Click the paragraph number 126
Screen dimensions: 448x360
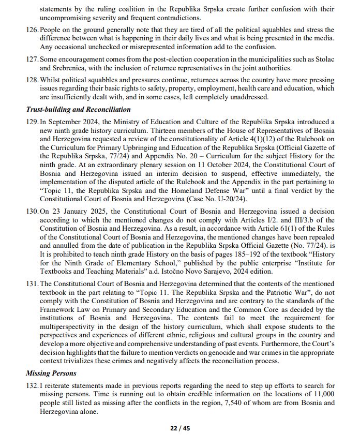[x=32, y=30]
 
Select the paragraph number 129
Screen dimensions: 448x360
[x=32, y=122]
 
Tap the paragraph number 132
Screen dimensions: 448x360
[x=32, y=386]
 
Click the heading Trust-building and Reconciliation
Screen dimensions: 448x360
[x=78, y=110]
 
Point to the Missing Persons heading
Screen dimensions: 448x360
[x=51, y=373]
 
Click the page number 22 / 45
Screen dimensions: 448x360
[x=180, y=428]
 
